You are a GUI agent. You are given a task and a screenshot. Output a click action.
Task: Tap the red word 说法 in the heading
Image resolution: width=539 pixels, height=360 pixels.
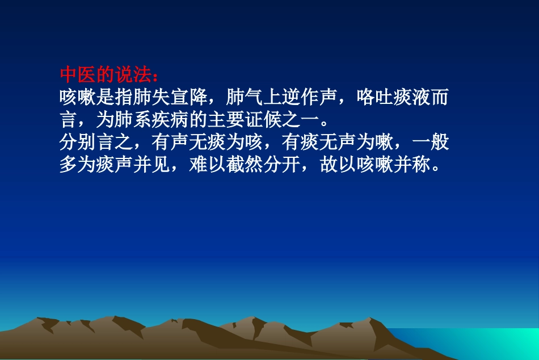coord(134,76)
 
